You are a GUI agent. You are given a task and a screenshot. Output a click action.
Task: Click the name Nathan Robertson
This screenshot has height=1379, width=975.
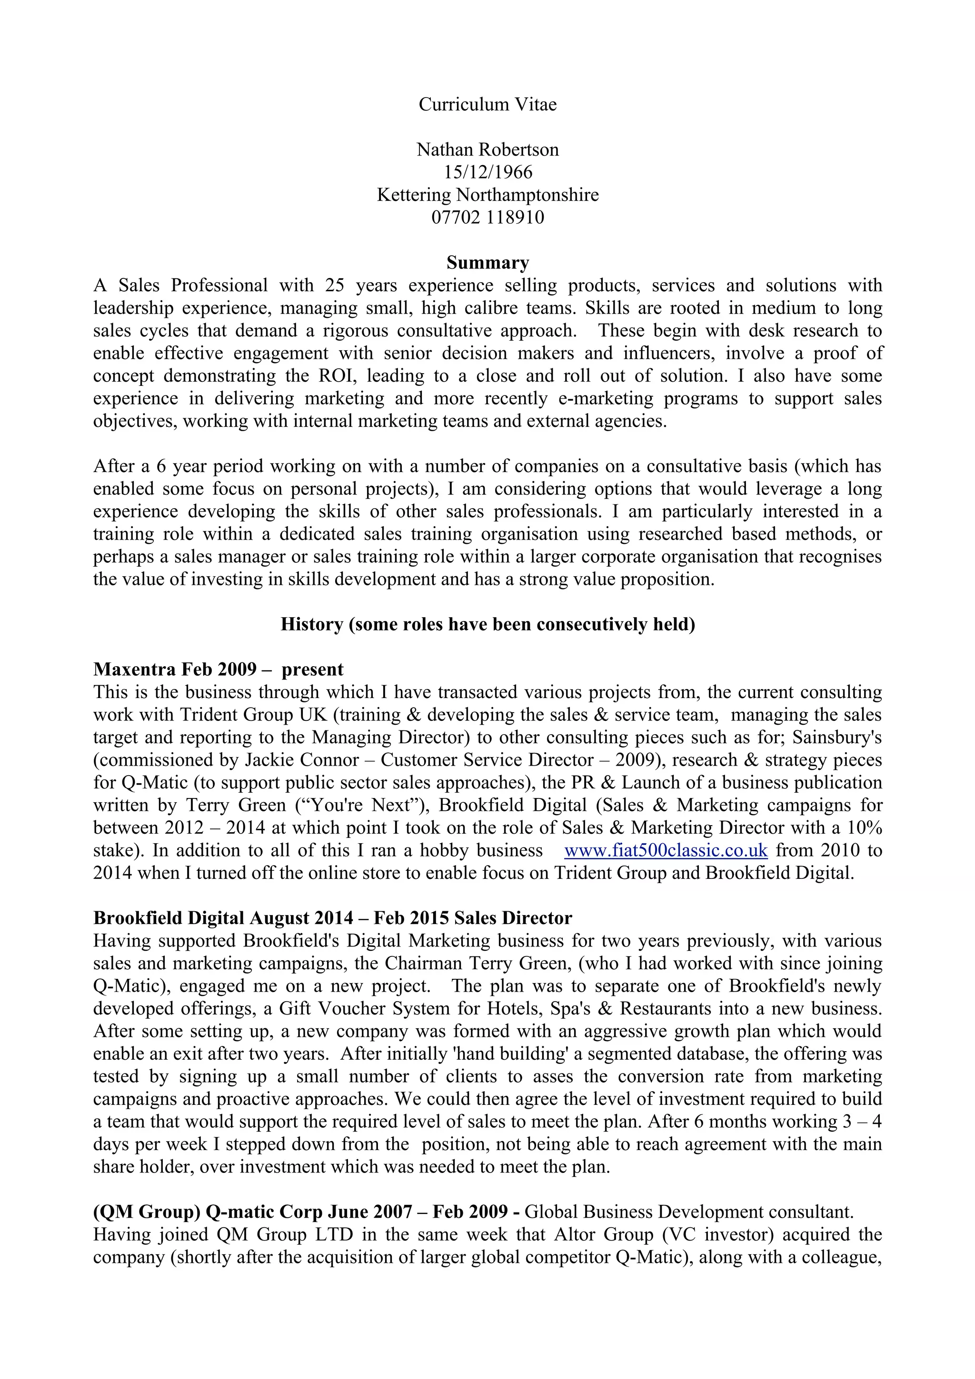(487, 149)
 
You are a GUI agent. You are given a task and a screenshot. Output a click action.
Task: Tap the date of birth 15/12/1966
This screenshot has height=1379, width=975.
(487, 172)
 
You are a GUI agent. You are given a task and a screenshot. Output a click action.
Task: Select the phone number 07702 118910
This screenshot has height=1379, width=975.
(487, 217)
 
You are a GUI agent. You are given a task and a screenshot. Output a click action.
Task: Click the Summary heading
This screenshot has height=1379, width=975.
(487, 263)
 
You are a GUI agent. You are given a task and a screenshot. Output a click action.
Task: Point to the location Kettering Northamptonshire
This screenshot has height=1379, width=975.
(487, 195)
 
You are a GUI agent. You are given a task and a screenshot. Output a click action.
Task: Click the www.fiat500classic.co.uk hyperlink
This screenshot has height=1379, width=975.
(666, 850)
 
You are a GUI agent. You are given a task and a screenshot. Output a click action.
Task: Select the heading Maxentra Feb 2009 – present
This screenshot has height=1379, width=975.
(218, 669)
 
